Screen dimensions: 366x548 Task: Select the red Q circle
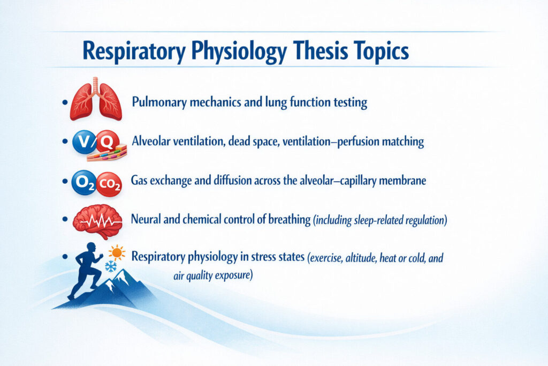tap(107, 142)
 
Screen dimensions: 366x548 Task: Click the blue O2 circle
tap(83, 183)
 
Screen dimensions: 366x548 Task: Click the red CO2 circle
tap(109, 184)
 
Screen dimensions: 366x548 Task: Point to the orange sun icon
tap(117, 251)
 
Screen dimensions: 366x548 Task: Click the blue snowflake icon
tap(111, 266)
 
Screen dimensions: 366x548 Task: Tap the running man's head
tap(92, 250)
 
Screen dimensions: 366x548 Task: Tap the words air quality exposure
tap(212, 277)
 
